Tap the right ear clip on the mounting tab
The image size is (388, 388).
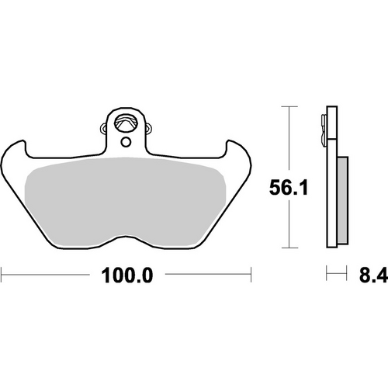pos(146,126)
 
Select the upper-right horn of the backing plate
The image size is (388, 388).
pos(234,147)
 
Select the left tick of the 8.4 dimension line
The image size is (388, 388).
pos(327,274)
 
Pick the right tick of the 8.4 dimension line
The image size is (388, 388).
pos(345,274)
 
